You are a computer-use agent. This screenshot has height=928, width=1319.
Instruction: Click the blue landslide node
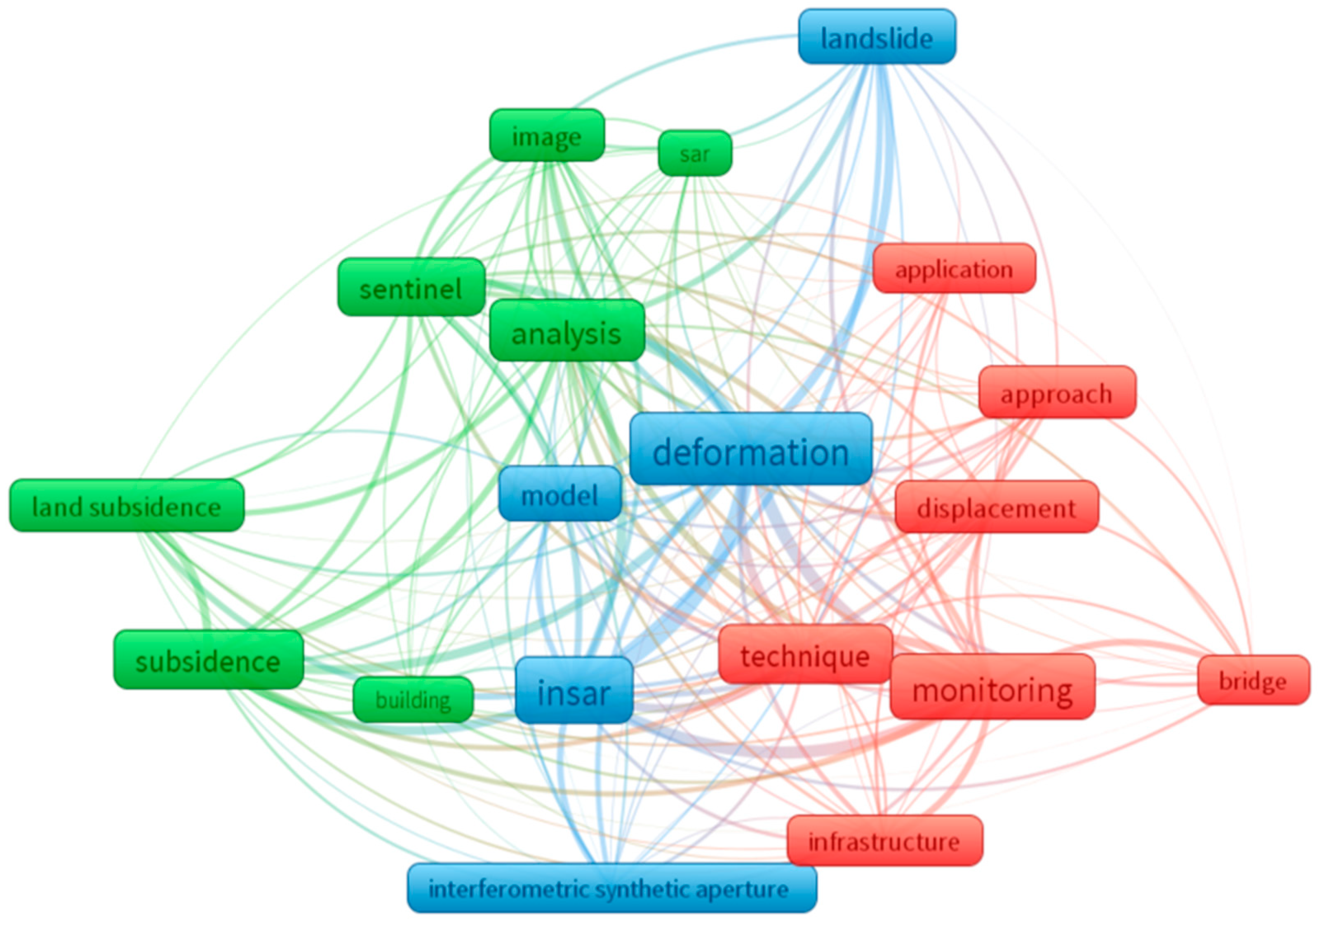tap(877, 37)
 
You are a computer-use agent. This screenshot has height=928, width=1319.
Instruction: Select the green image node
tap(546, 136)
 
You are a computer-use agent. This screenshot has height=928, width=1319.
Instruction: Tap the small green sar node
tap(694, 153)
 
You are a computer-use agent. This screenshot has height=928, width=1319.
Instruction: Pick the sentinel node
tap(411, 287)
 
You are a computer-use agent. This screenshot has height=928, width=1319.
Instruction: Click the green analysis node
tap(567, 331)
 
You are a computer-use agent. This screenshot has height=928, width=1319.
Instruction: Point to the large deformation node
tap(750, 449)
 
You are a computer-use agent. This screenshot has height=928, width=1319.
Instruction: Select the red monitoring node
tap(992, 687)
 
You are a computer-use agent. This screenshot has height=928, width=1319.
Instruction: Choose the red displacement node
tap(996, 507)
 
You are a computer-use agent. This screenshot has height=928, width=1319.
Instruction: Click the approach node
tap(1056, 392)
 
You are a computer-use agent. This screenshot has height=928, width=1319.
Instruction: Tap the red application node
tap(954, 268)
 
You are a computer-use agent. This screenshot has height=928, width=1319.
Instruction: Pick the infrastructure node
tap(884, 840)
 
